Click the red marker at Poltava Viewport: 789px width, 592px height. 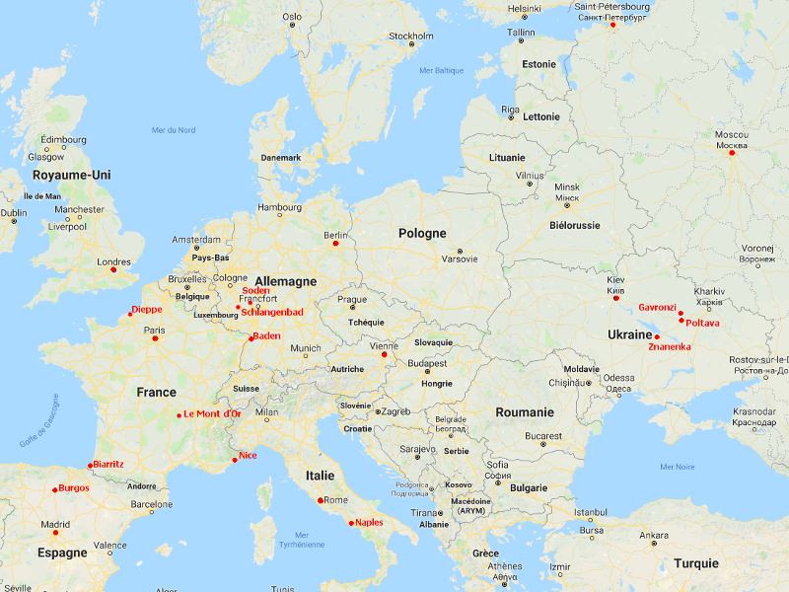681,320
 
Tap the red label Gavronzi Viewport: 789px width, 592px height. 657,307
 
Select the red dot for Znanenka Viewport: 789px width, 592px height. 657,337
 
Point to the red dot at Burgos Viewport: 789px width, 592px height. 54,488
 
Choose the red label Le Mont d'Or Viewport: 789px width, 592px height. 212,414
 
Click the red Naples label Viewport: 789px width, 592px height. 369,522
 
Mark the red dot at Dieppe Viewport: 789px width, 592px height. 130,314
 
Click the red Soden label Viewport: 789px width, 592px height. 255,291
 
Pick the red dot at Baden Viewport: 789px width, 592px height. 251,337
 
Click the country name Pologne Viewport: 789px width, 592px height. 422,234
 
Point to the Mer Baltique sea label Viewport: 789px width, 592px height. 441,70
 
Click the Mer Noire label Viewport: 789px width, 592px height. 678,467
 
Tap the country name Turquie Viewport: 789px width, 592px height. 696,563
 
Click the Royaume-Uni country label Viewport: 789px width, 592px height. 72,175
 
